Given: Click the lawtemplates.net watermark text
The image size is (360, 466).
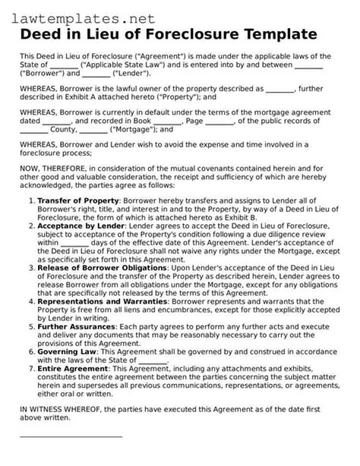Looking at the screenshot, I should (x=83, y=19).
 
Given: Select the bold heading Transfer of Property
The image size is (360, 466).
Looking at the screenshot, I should (x=78, y=201).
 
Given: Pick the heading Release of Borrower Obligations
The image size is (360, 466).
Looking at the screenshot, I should (x=101, y=268).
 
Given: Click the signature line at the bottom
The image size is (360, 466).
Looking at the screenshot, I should (x=71, y=436).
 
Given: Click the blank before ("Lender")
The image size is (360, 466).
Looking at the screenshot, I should (x=96, y=74).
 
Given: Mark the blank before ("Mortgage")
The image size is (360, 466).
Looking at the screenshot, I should (x=93, y=130).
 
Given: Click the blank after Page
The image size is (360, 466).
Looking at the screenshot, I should (x=219, y=122).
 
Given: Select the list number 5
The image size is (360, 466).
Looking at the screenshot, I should (x=32, y=327).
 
